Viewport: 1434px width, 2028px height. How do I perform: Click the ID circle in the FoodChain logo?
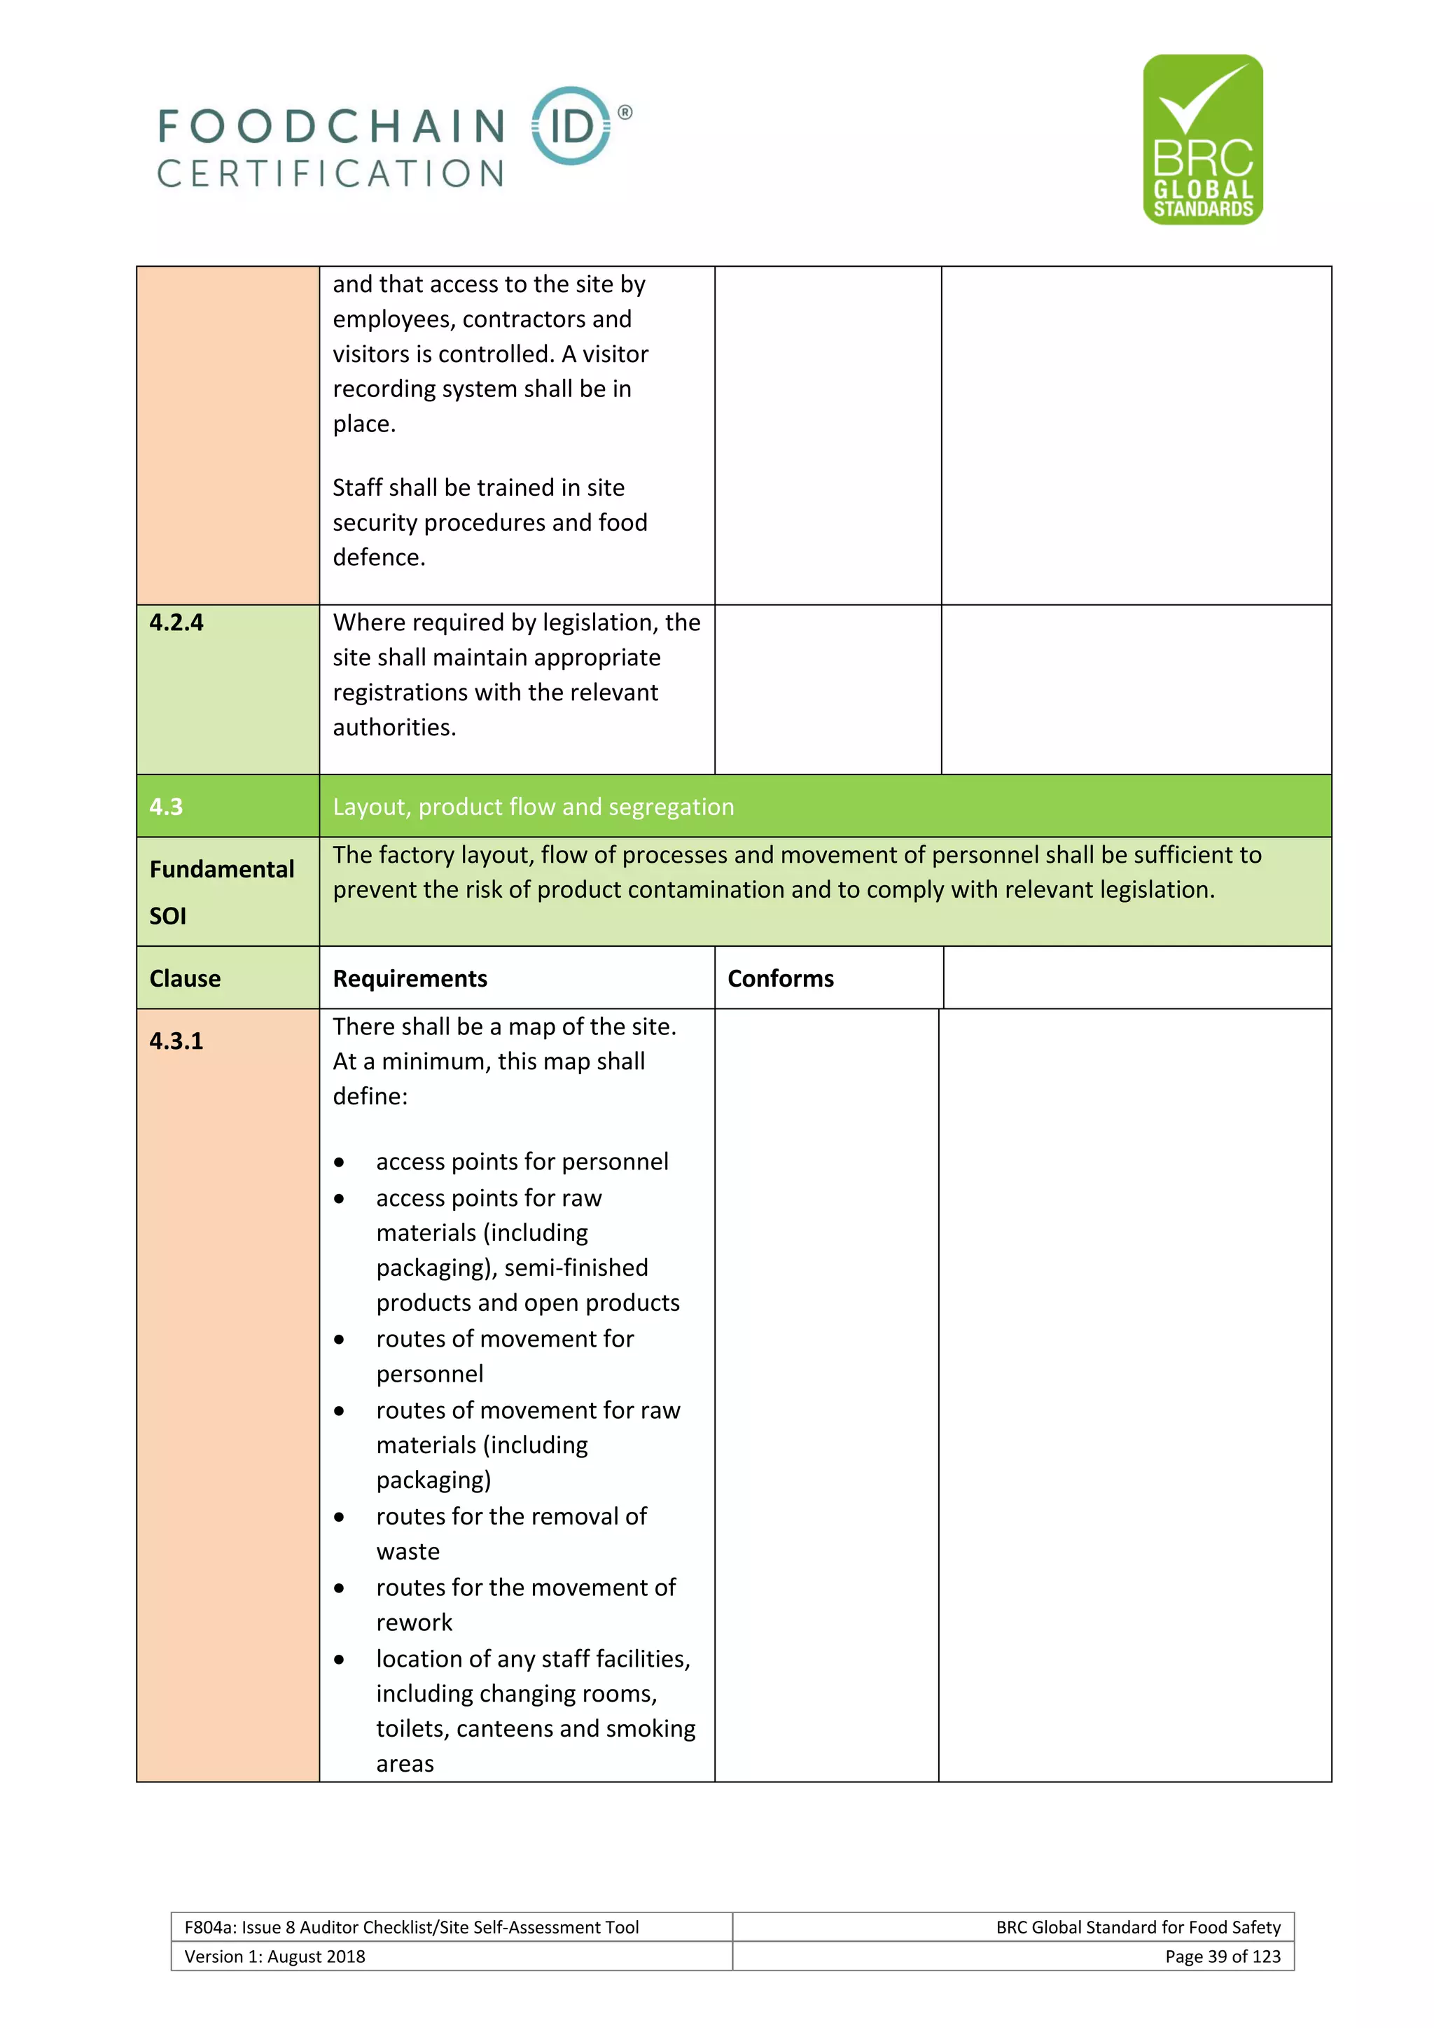571,125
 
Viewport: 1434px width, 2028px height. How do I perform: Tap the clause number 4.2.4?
176,623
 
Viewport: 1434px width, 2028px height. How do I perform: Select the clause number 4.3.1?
176,1041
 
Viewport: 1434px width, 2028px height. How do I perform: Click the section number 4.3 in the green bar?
166,807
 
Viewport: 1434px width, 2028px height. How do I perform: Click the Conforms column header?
780,979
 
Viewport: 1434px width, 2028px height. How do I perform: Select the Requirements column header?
410,979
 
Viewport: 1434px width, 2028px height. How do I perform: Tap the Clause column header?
185,979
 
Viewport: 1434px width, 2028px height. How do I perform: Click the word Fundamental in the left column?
222,869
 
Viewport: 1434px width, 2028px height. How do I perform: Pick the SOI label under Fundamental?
168,916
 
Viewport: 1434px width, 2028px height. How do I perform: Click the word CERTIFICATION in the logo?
330,174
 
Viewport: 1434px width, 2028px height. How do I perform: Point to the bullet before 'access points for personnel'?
339,1162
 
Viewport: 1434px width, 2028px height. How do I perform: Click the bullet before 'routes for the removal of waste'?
339,1517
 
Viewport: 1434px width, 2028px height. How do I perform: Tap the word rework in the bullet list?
414,1623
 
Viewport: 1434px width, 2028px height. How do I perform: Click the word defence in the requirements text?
378,557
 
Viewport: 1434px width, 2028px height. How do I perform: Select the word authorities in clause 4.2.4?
393,728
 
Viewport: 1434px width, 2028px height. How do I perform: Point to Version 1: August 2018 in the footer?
274,1957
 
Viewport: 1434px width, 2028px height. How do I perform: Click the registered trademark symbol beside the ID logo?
625,112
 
